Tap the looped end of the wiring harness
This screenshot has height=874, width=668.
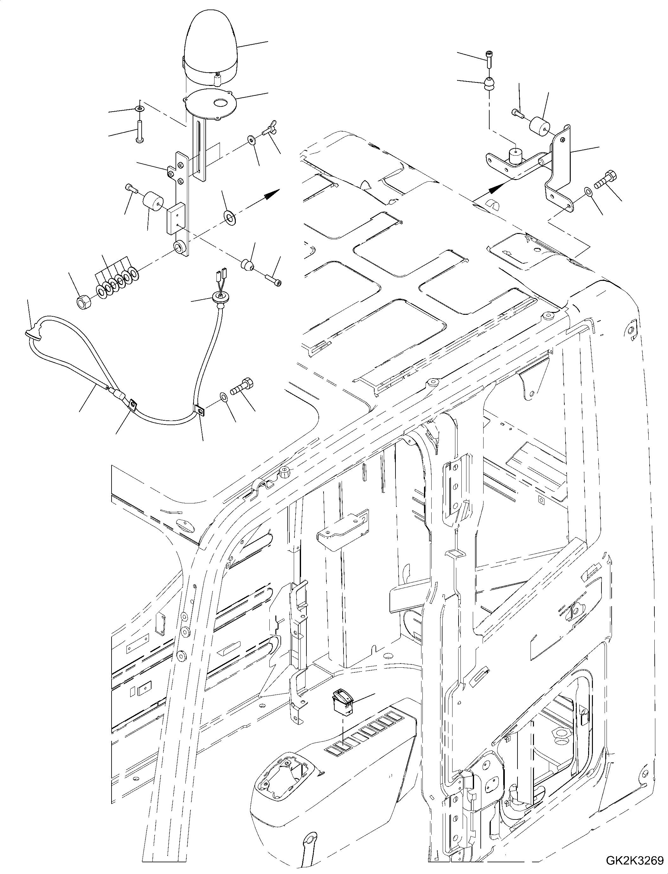33,335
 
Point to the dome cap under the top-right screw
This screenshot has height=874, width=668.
489,85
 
